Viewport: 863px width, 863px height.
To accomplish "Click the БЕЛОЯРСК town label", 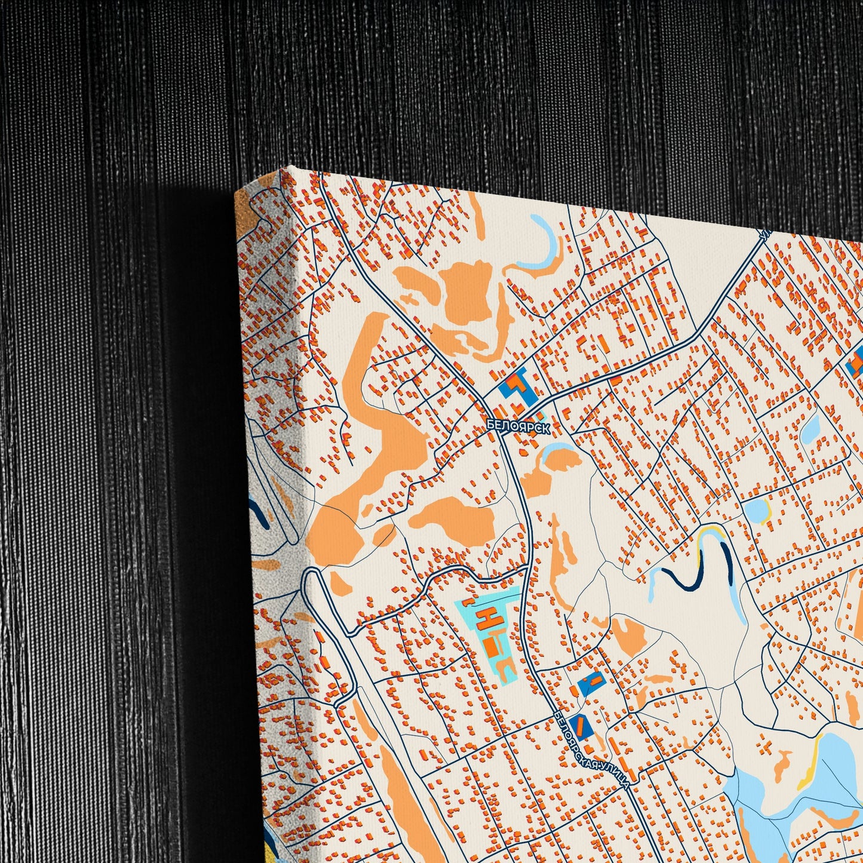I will (517, 425).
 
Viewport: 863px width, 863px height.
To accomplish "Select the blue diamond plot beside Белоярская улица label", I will (580, 727).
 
